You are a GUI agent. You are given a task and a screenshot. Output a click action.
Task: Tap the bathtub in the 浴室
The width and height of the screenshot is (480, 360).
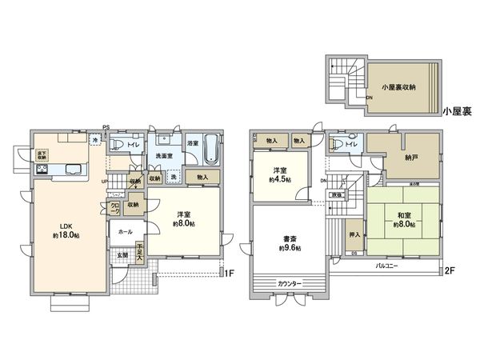point(212,149)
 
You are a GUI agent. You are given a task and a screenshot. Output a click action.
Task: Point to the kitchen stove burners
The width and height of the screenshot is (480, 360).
point(41,170)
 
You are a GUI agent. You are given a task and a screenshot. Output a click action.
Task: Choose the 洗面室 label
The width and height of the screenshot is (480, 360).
point(166,154)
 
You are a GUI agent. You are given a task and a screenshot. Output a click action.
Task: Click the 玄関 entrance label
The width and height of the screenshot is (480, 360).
point(123,255)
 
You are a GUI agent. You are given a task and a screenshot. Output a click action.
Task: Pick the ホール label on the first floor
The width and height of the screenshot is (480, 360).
point(126,230)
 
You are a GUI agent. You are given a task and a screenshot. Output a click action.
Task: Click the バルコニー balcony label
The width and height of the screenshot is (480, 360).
point(389,262)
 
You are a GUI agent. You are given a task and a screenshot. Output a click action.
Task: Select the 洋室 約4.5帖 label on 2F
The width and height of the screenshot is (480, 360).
point(278,175)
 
